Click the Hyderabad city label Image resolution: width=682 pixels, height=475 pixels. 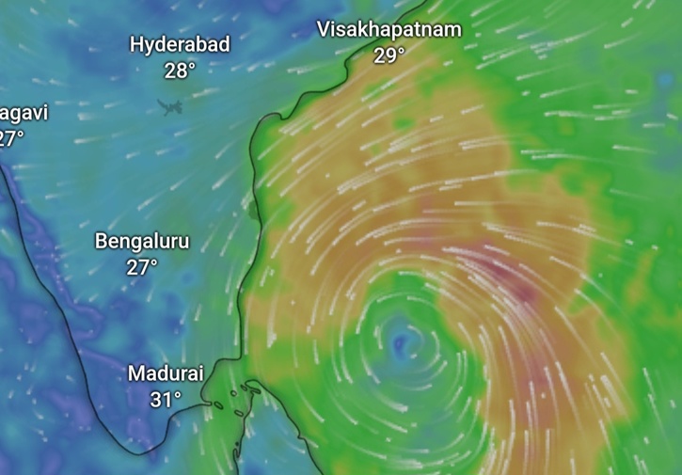[180, 44]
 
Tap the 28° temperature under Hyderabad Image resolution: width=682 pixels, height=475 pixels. [180, 70]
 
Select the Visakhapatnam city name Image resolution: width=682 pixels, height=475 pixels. [389, 29]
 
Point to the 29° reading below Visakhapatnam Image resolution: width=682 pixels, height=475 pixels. [389, 55]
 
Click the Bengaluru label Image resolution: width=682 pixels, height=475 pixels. [142, 241]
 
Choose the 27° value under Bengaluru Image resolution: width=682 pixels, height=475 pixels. [142, 267]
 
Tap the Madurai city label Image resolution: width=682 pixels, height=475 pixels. [166, 373]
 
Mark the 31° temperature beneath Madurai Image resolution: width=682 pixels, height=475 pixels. [166, 399]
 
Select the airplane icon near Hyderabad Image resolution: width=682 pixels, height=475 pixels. [171, 106]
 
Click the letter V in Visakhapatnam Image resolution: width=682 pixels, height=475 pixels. [324, 29]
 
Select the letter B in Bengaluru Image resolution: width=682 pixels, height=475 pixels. [102, 241]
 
